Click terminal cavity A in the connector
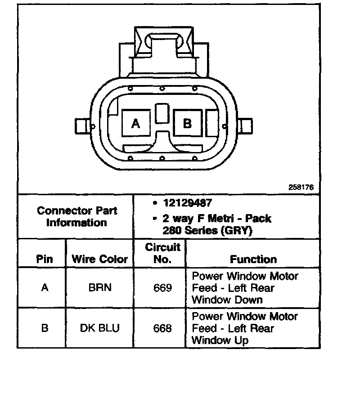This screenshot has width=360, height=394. (135, 123)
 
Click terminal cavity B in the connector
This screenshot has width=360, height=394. (187, 123)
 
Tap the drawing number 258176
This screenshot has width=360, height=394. (301, 187)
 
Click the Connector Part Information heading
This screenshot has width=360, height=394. (76, 216)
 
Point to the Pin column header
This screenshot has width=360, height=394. (44, 259)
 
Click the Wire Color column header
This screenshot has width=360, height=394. (99, 259)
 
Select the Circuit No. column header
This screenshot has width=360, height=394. (162, 253)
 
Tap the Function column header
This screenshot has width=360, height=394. (253, 259)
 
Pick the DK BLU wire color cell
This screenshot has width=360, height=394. (99, 328)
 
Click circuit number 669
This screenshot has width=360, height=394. (162, 288)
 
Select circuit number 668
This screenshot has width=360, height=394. (162, 328)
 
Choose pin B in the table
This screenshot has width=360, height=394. (44, 328)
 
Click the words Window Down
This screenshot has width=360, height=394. (227, 300)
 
